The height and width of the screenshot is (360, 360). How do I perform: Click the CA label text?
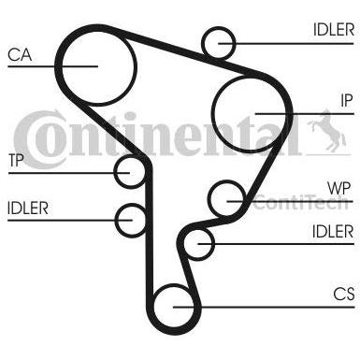click(20, 55)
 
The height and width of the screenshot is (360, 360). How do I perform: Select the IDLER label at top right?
click(334, 30)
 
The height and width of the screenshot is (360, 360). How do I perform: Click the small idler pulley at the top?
click(204, 43)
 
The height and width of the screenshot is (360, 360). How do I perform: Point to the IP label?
click(347, 100)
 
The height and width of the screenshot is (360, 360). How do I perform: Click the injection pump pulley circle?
click(212, 114)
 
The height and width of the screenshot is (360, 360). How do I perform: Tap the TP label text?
click(16, 161)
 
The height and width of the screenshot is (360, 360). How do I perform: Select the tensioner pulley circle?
click(115, 172)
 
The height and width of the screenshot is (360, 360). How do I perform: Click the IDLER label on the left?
click(28, 209)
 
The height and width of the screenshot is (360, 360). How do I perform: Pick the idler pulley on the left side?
click(116, 221)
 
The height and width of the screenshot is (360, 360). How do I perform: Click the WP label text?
click(339, 189)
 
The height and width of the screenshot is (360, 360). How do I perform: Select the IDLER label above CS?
click(333, 232)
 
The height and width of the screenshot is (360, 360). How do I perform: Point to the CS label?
click(344, 294)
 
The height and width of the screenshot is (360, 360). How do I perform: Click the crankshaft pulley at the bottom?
click(155, 307)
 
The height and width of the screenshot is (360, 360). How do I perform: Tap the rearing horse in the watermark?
click(327, 131)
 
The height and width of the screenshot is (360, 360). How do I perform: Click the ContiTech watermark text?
click(300, 202)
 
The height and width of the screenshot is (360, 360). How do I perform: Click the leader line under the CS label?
click(264, 308)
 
